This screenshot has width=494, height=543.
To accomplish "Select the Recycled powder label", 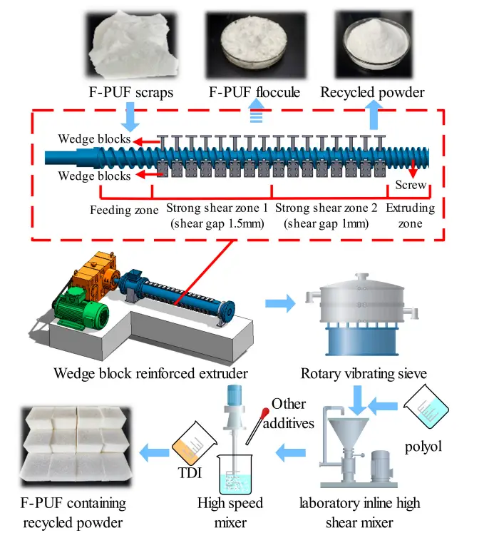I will tap(372, 93).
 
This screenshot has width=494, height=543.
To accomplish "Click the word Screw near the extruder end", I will tap(411, 186).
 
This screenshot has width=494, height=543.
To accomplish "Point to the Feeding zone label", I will tap(124, 211).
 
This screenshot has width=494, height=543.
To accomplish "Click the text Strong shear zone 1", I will tap(217, 209).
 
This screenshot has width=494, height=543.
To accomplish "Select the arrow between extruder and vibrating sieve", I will tap(277, 305).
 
